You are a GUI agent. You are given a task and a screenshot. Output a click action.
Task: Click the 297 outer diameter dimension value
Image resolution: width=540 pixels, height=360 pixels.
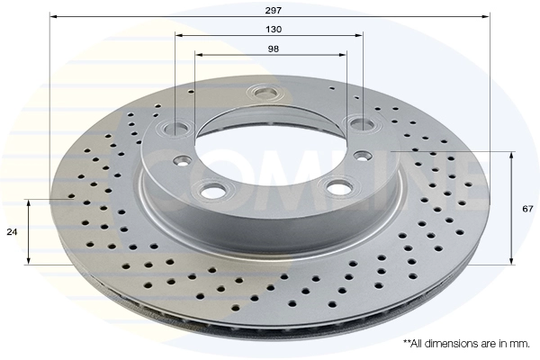pyautogui.click(x=273, y=10)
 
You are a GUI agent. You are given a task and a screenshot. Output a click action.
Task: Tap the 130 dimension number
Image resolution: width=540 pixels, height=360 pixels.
pyautogui.click(x=274, y=30)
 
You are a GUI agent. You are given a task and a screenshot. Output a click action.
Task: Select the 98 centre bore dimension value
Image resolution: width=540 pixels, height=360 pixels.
pyautogui.click(x=274, y=49)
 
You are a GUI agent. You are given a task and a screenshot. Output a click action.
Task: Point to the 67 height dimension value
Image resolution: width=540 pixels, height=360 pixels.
pyautogui.click(x=527, y=209)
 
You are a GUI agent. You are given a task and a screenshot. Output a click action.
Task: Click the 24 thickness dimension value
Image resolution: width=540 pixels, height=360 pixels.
pyautogui.click(x=12, y=232)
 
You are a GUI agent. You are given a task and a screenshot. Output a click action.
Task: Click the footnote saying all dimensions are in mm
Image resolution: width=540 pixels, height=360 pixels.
pyautogui.click(x=466, y=344)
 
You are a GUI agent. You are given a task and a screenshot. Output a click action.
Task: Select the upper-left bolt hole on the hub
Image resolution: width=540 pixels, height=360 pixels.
pyautogui.click(x=176, y=128)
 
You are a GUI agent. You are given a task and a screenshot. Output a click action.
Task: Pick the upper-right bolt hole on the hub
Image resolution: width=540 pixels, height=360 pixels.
pyautogui.click(x=361, y=122)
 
